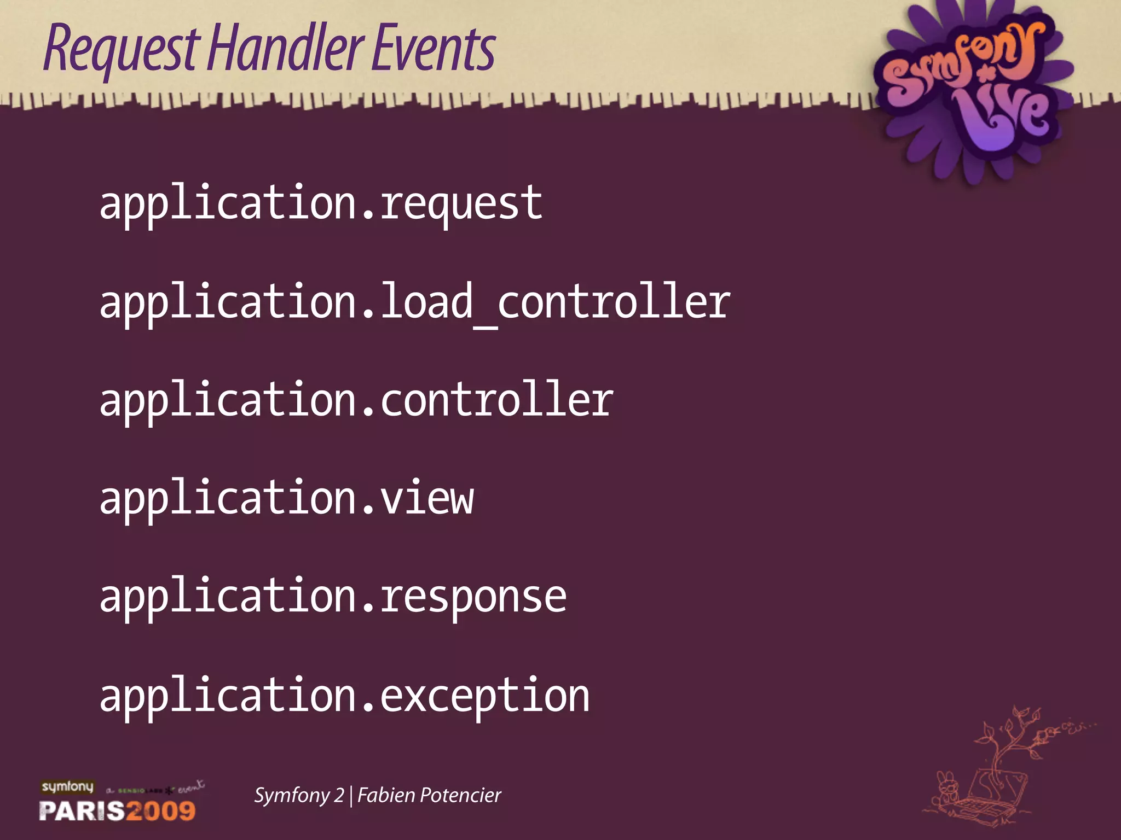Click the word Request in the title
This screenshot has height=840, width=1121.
120,49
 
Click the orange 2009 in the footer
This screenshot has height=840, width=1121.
161,810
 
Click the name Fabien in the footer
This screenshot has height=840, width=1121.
386,795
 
